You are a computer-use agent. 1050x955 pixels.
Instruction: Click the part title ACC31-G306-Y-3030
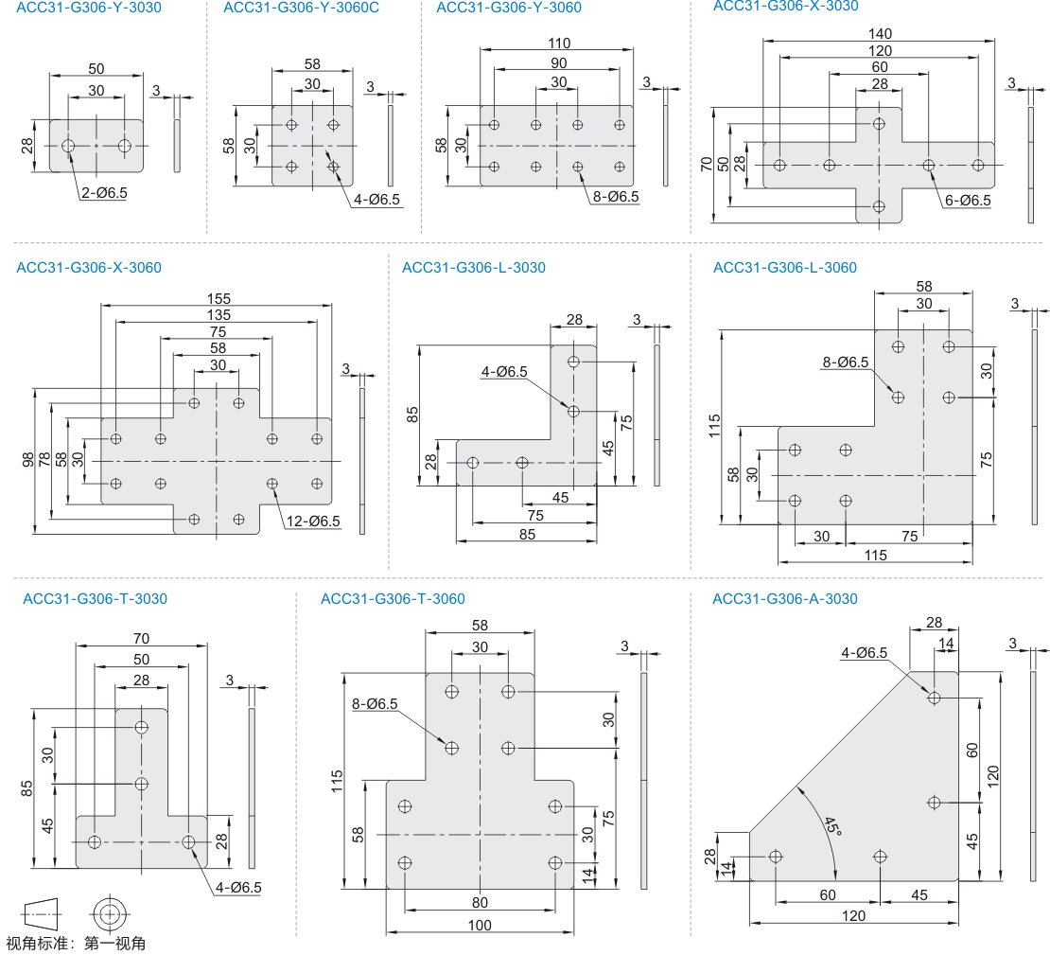click(89, 8)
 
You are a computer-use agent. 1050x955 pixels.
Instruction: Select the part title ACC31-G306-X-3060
click(89, 268)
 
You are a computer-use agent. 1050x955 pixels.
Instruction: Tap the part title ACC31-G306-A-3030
click(785, 598)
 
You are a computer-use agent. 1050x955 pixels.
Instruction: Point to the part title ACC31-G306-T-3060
click(393, 598)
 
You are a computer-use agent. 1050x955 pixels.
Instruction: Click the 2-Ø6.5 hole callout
click(104, 193)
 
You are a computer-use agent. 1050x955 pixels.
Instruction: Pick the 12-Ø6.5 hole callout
click(313, 521)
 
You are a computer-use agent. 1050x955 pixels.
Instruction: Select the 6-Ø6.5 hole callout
click(968, 201)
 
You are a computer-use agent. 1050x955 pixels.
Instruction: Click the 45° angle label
click(831, 825)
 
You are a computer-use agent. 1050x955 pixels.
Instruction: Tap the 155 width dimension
click(219, 298)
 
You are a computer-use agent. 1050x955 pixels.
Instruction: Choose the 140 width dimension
click(880, 33)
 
